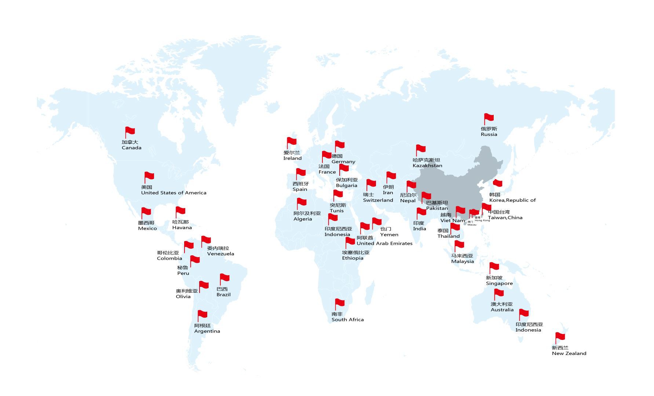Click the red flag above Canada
(x=130, y=131)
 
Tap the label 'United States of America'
(x=173, y=193)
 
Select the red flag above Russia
(x=489, y=118)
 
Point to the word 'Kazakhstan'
(x=427, y=166)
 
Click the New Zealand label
(x=569, y=354)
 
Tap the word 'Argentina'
(x=207, y=331)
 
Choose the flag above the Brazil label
(x=224, y=278)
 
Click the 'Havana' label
(x=182, y=227)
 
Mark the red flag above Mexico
(x=146, y=212)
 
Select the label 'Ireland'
(x=292, y=158)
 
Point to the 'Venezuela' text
(x=220, y=254)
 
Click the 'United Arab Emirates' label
(x=384, y=243)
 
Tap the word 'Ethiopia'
(x=352, y=258)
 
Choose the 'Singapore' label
(x=499, y=284)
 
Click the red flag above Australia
(x=498, y=293)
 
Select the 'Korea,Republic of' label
(x=512, y=200)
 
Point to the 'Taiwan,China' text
(x=505, y=218)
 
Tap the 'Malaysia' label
(x=463, y=262)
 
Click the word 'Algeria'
(x=303, y=219)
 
